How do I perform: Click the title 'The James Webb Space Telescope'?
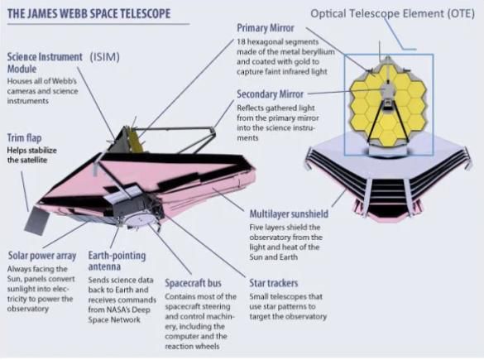click(x=89, y=14)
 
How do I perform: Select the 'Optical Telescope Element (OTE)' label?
click(x=393, y=13)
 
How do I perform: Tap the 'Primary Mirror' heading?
click(x=266, y=28)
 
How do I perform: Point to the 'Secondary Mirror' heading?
click(x=270, y=94)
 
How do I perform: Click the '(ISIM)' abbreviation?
click(x=104, y=57)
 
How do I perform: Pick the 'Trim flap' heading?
click(x=24, y=138)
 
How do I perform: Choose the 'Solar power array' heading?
click(x=42, y=256)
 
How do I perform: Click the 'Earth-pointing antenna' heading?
click(x=117, y=261)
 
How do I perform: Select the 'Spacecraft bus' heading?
click(x=194, y=283)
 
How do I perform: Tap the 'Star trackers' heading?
click(x=274, y=283)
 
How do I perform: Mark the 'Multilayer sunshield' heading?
click(x=289, y=214)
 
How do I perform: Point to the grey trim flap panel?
click(x=36, y=220)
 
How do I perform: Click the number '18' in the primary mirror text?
click(x=241, y=41)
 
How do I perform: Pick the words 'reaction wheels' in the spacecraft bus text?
click(x=192, y=347)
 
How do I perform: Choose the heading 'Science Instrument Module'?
click(x=45, y=63)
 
